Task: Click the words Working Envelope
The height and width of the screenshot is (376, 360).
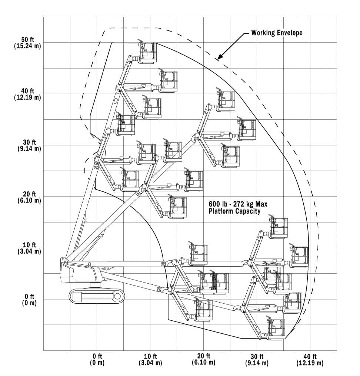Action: [x=277, y=33]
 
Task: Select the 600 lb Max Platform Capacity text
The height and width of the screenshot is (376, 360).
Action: [x=237, y=208]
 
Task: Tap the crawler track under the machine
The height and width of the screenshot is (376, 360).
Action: [x=97, y=296]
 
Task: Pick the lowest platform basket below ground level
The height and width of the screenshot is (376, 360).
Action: [x=276, y=328]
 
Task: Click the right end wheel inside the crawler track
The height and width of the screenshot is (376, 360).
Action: [x=118, y=296]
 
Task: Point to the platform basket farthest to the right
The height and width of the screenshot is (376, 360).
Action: [x=299, y=256]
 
